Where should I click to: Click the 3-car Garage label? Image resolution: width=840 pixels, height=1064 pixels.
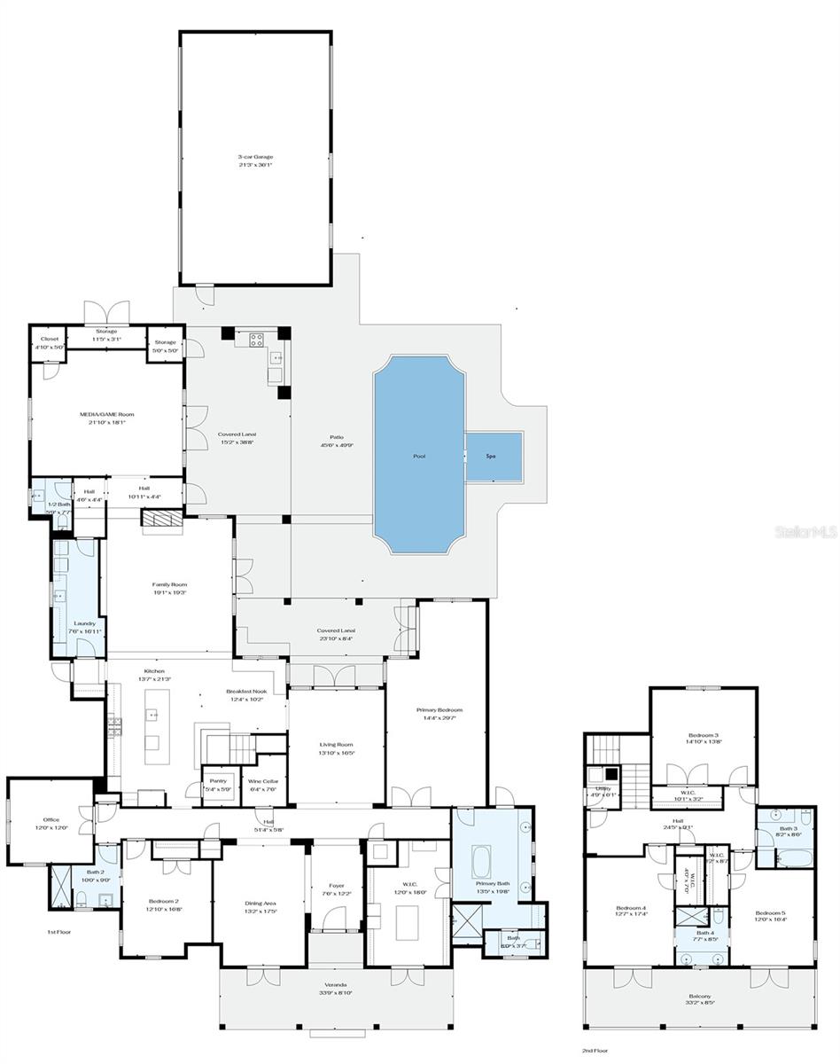click(x=255, y=157)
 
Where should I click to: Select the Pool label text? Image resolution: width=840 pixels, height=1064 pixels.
click(x=419, y=457)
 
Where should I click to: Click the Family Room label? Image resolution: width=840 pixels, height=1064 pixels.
click(x=169, y=584)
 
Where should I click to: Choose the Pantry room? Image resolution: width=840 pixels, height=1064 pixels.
click(x=219, y=785)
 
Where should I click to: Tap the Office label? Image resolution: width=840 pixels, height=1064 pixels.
click(x=51, y=820)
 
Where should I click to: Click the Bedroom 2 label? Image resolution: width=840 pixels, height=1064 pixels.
click(x=166, y=900)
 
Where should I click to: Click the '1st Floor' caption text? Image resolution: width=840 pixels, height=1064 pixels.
click(x=58, y=932)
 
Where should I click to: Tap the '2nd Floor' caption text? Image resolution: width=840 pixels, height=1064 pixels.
click(x=593, y=1050)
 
